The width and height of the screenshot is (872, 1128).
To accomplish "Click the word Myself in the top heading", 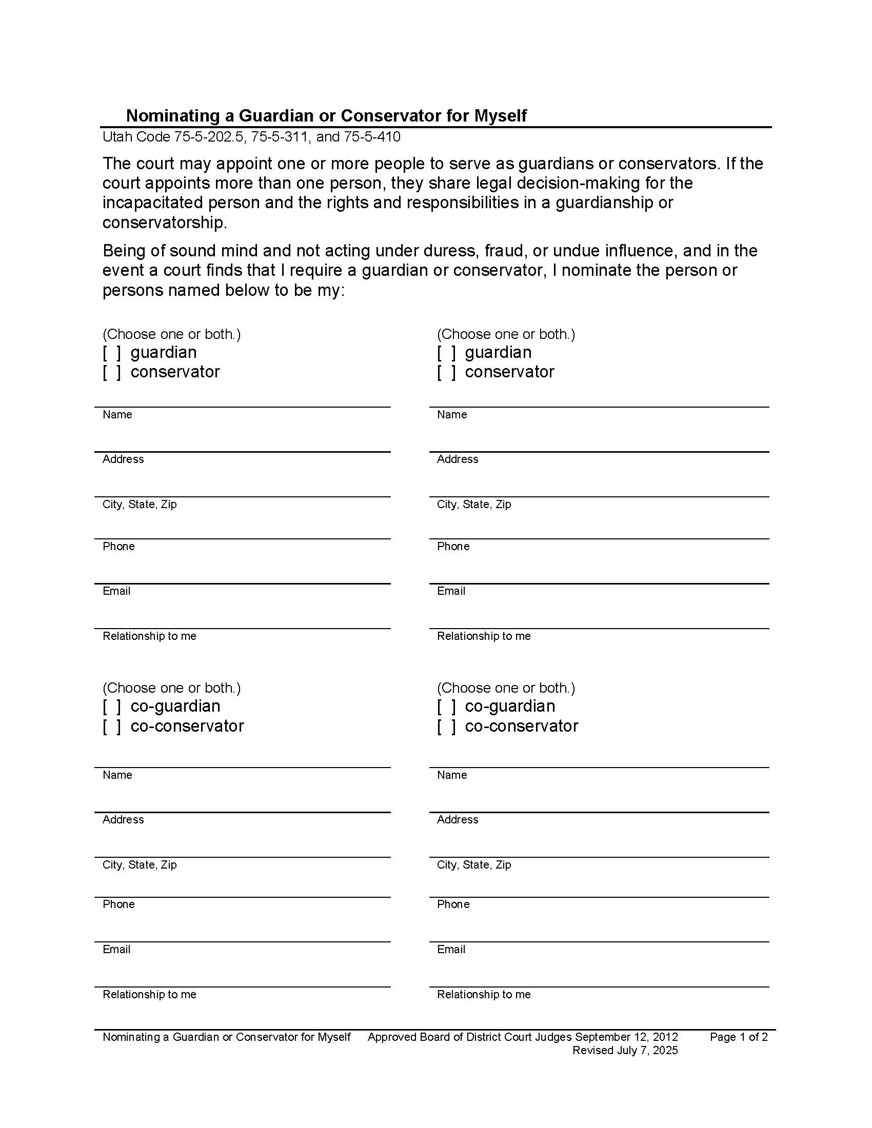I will pos(500,116).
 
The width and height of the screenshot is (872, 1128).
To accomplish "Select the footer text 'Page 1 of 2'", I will pos(738,1037).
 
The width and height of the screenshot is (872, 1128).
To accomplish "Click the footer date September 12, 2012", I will pos(626,1037).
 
